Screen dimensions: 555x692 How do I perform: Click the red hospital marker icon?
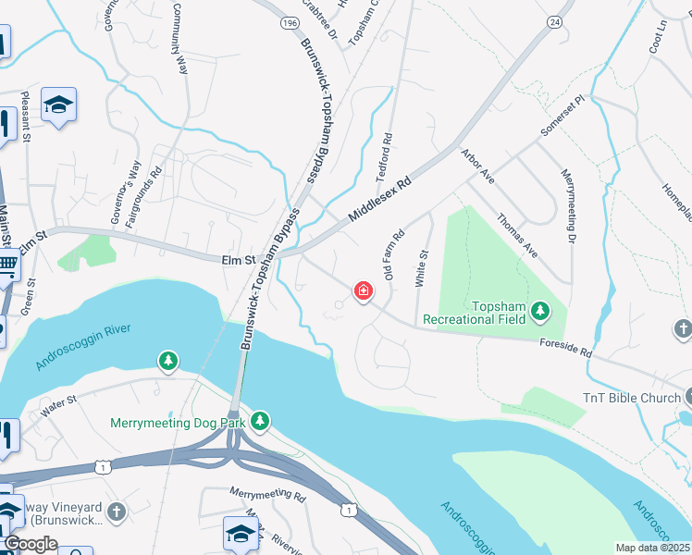(364, 292)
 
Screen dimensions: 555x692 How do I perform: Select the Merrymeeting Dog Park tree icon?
(261, 421)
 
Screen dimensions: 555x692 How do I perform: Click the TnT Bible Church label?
(631, 398)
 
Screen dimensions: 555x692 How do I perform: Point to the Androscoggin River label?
(84, 346)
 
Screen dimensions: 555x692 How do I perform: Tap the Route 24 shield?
(554, 21)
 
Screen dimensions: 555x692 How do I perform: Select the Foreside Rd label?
(565, 347)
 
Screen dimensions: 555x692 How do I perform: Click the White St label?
(424, 267)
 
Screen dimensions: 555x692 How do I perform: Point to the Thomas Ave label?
(517, 236)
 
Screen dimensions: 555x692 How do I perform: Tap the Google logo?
(30, 544)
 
